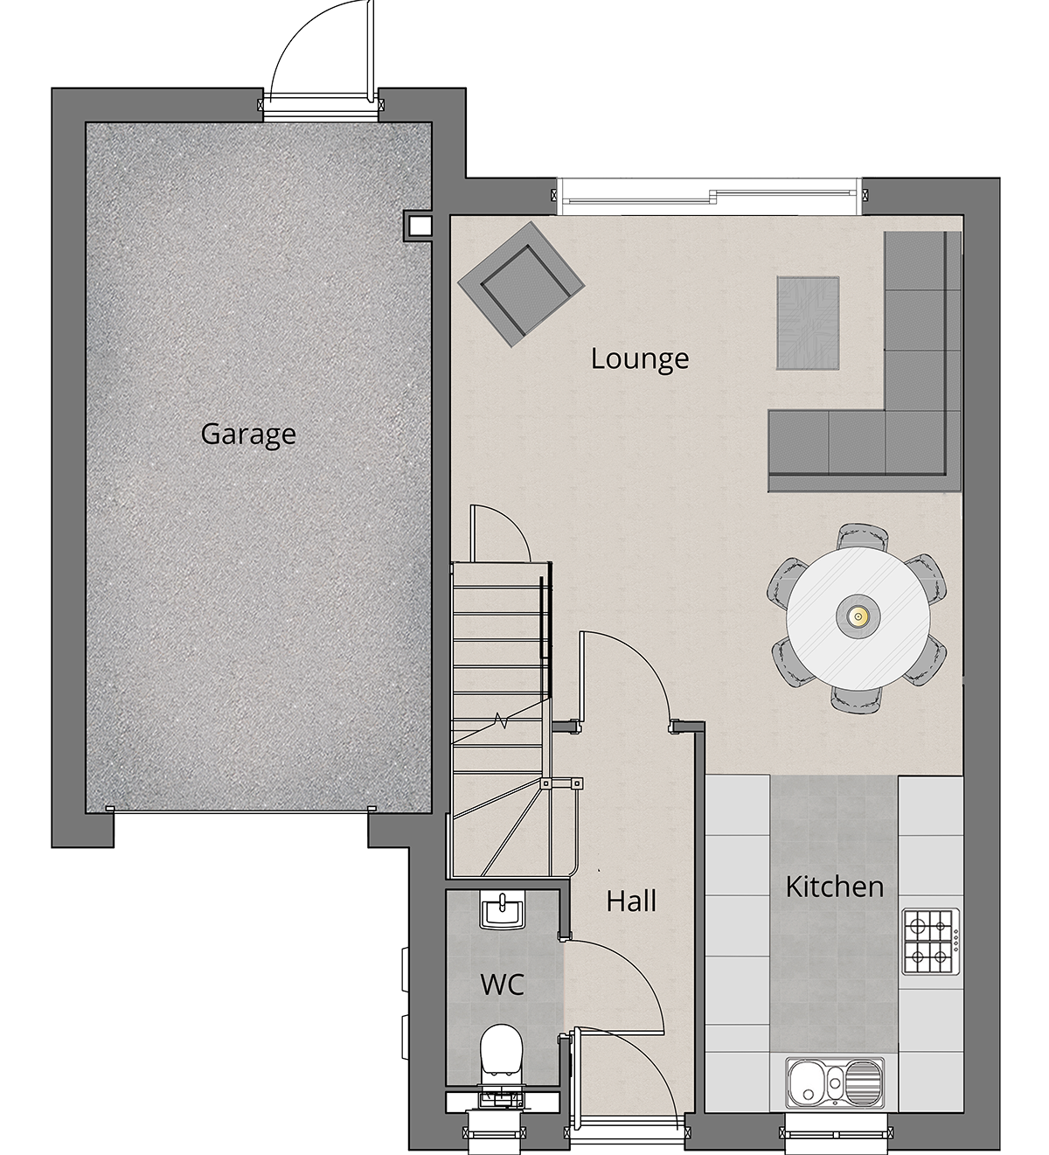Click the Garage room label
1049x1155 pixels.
point(248,435)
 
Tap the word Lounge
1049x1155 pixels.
point(640,359)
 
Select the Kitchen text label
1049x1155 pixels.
point(834,887)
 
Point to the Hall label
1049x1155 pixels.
point(631,901)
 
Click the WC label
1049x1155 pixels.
point(502,985)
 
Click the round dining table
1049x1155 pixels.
point(858,618)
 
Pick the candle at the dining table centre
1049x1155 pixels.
point(858,617)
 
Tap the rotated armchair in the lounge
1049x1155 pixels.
point(521,284)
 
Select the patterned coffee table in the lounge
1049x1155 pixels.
point(808,323)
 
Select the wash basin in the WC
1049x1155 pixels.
point(502,911)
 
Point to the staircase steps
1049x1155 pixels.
point(501,720)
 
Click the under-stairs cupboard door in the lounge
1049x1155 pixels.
point(501,532)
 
